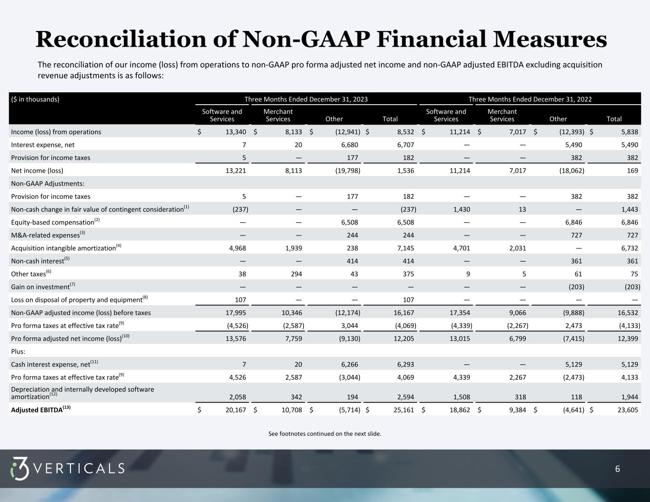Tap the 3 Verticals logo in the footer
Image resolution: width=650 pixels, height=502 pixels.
coord(67,468)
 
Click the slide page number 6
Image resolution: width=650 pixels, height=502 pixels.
coord(618,469)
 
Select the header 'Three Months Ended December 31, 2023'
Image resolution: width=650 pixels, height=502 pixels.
coord(306,99)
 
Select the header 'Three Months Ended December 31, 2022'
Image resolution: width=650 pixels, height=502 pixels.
coord(530,99)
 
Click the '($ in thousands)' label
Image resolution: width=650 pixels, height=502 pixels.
coord(35,99)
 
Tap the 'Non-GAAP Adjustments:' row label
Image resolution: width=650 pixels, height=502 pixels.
coord(41,184)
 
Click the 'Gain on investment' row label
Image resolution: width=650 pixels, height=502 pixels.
coord(40,287)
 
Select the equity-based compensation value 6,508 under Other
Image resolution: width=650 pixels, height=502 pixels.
coord(348,222)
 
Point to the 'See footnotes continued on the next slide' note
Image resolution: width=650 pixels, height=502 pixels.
coord(325,433)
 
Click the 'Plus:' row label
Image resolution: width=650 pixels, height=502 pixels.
coord(18,352)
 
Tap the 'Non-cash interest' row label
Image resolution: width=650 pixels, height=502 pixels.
coord(38,261)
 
